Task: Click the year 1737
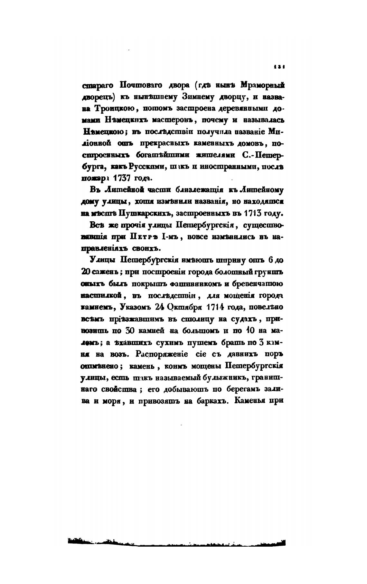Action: pos(121,178)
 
